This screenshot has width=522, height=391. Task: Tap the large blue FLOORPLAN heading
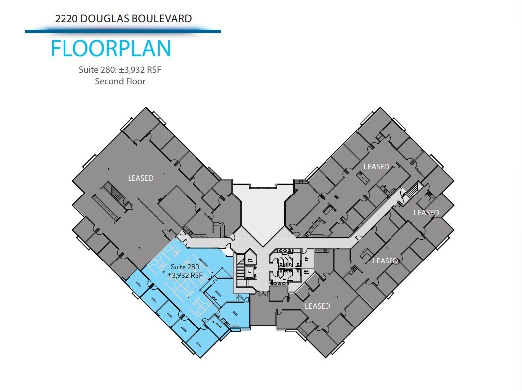(111, 49)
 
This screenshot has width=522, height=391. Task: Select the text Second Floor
(120, 81)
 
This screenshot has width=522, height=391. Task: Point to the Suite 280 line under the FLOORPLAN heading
(120, 70)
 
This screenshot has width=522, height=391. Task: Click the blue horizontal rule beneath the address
(123, 32)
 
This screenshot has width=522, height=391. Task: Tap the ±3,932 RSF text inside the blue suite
(185, 275)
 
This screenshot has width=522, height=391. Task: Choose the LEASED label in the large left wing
(140, 178)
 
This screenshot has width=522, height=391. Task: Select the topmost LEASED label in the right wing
(376, 167)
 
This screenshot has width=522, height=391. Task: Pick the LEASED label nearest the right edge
(426, 213)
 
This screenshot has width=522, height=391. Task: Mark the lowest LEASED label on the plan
(317, 306)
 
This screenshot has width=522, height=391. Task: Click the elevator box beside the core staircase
(249, 272)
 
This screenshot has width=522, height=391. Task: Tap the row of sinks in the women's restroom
(287, 251)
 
